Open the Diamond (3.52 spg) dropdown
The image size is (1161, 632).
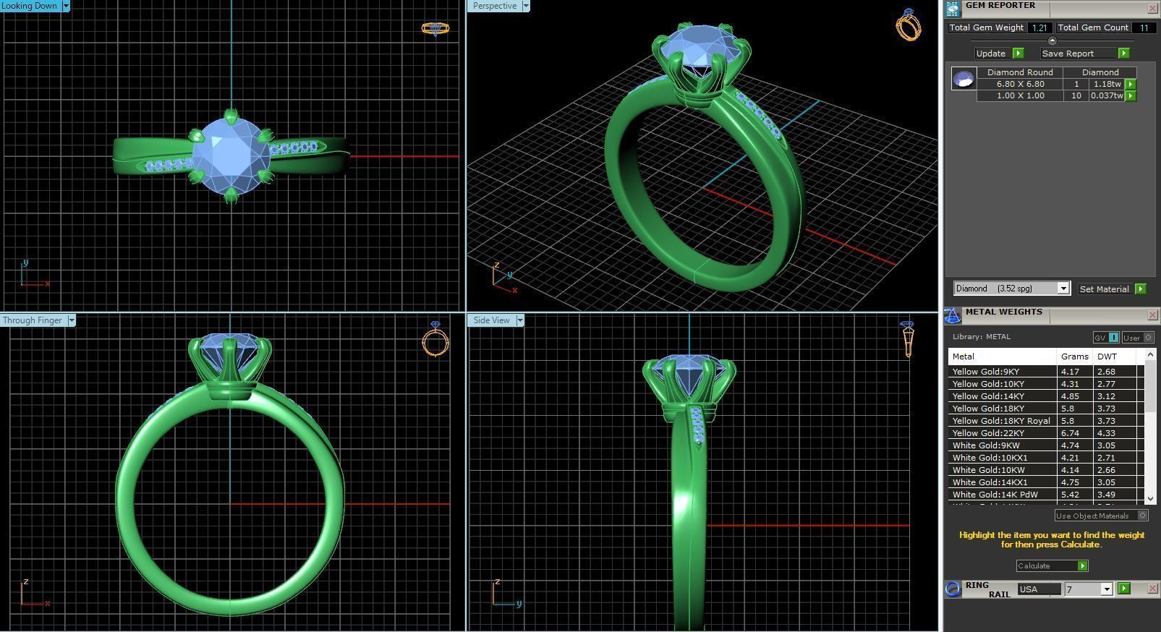(x=1063, y=289)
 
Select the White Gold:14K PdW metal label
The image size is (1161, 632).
(x=995, y=495)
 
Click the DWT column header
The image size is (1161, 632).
(x=1107, y=356)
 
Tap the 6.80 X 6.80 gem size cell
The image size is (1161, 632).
(x=1020, y=84)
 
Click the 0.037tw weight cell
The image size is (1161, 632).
(x=1107, y=95)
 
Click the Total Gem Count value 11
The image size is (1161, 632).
(x=1144, y=27)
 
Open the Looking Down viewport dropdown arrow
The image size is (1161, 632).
(x=66, y=6)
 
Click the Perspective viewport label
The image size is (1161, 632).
(x=495, y=6)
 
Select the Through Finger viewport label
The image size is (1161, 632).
(x=33, y=320)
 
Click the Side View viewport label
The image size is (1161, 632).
(x=491, y=320)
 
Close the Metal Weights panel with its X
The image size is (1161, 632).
(x=1152, y=315)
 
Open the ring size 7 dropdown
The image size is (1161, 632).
(x=1106, y=589)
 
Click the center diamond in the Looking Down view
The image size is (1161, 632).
(x=230, y=155)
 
